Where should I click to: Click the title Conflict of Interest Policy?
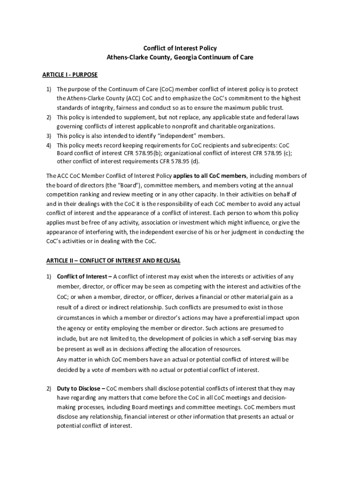pos(180,48)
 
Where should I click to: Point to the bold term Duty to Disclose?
pos(78,389)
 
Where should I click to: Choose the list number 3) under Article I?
pos(48,136)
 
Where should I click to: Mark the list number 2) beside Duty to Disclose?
pos(48,389)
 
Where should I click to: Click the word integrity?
pos(96,107)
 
